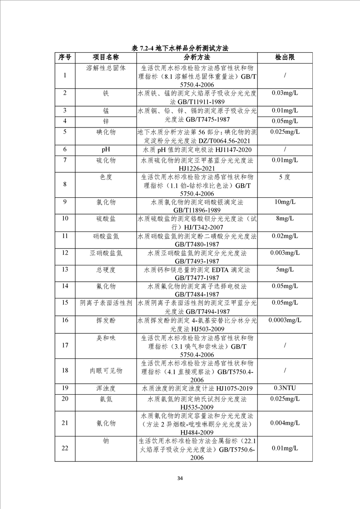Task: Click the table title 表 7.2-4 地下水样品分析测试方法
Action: [x=180, y=48]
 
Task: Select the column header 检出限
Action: [x=285, y=58]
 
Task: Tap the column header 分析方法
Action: [x=197, y=58]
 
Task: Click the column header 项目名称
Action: [x=106, y=58]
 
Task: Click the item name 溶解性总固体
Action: [x=106, y=68]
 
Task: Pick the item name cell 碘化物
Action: [x=106, y=132]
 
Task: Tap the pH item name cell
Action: [x=106, y=149]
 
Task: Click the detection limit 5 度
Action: [x=285, y=177]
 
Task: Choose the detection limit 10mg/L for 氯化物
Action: [x=285, y=201]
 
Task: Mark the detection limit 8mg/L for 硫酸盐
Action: [x=285, y=219]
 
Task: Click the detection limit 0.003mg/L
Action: [x=285, y=252]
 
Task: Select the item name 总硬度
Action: [x=106, y=269]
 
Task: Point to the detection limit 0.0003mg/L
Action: [x=285, y=320]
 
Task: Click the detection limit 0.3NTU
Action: [x=285, y=388]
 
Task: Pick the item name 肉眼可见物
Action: [x=106, y=371]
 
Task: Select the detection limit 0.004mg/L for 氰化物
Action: [x=285, y=423]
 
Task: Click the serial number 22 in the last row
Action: [x=65, y=448]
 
